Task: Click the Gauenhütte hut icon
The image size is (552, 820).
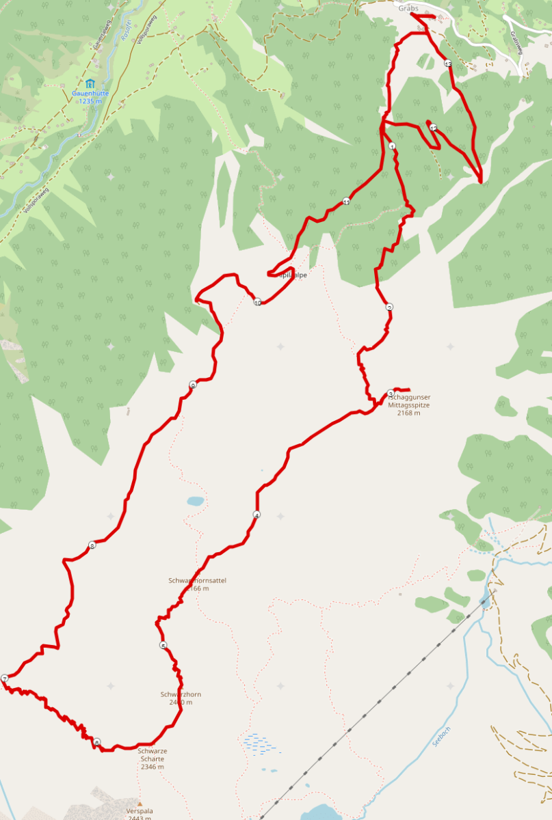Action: pos(90,84)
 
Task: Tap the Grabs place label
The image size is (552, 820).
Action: pos(408,8)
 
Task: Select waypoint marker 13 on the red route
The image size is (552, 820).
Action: pos(448,64)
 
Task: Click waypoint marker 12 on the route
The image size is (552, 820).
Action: pos(433,128)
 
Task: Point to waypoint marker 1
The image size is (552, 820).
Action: pos(392,146)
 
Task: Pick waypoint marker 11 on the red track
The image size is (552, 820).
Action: pos(346,202)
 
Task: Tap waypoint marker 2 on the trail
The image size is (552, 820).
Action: pos(389,307)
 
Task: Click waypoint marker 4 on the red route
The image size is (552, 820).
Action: pos(257,515)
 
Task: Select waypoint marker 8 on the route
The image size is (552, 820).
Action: pos(92,545)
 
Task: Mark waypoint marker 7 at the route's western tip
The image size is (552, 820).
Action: pos(5,679)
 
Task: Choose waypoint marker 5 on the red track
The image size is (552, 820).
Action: pos(163,646)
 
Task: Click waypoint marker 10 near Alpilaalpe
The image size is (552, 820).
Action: pos(257,302)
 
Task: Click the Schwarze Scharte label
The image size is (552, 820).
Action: pos(153,758)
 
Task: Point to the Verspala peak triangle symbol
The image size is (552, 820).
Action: pos(140,804)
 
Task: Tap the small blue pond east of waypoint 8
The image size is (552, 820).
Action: pos(196,501)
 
